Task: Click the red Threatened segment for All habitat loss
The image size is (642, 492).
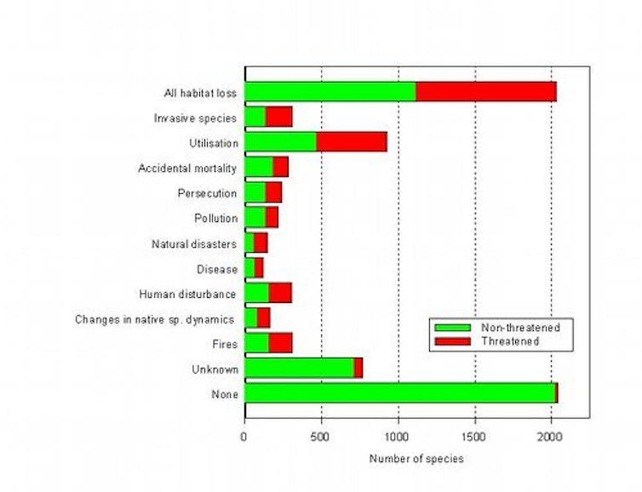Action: pos(486,92)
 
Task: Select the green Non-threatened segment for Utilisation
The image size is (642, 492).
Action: pos(280,142)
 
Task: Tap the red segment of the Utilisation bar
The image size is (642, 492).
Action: pos(352,142)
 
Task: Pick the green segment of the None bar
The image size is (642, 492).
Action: pos(399,393)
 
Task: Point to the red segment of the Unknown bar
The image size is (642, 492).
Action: pos(358,368)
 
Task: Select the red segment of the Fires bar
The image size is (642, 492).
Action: pos(280,343)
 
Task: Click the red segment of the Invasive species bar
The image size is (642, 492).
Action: pos(279,117)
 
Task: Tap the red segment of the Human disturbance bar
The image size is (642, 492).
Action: pos(280,293)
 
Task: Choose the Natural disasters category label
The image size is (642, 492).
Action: pos(193,244)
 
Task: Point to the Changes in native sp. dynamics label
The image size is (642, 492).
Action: pos(154,319)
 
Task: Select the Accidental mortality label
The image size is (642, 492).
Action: pos(187,169)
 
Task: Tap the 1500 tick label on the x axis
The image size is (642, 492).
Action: pos(474,438)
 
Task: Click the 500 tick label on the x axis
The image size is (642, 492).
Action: pos(321,438)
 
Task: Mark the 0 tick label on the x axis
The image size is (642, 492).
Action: pos(244,438)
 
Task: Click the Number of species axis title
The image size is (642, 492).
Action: pos(416,460)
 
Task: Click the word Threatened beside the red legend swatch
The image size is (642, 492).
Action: pos(510,340)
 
